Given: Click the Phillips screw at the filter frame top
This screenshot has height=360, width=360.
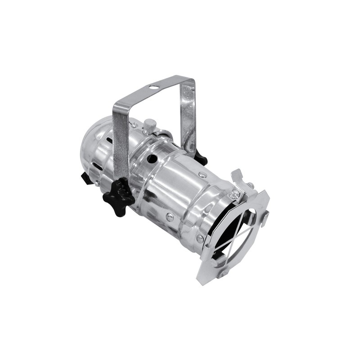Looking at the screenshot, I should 234,195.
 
